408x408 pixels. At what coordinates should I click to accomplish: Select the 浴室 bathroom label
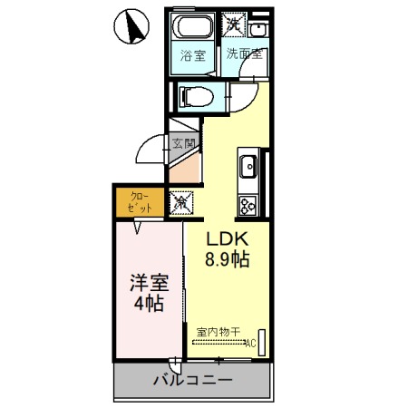(x=191, y=54)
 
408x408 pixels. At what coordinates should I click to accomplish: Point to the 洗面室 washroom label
(x=244, y=53)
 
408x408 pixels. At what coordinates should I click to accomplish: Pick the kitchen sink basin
(x=248, y=167)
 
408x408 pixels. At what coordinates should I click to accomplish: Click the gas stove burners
(x=247, y=201)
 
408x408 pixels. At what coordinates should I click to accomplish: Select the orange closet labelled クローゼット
(x=138, y=201)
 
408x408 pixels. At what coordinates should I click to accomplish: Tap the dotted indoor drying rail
(x=218, y=343)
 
